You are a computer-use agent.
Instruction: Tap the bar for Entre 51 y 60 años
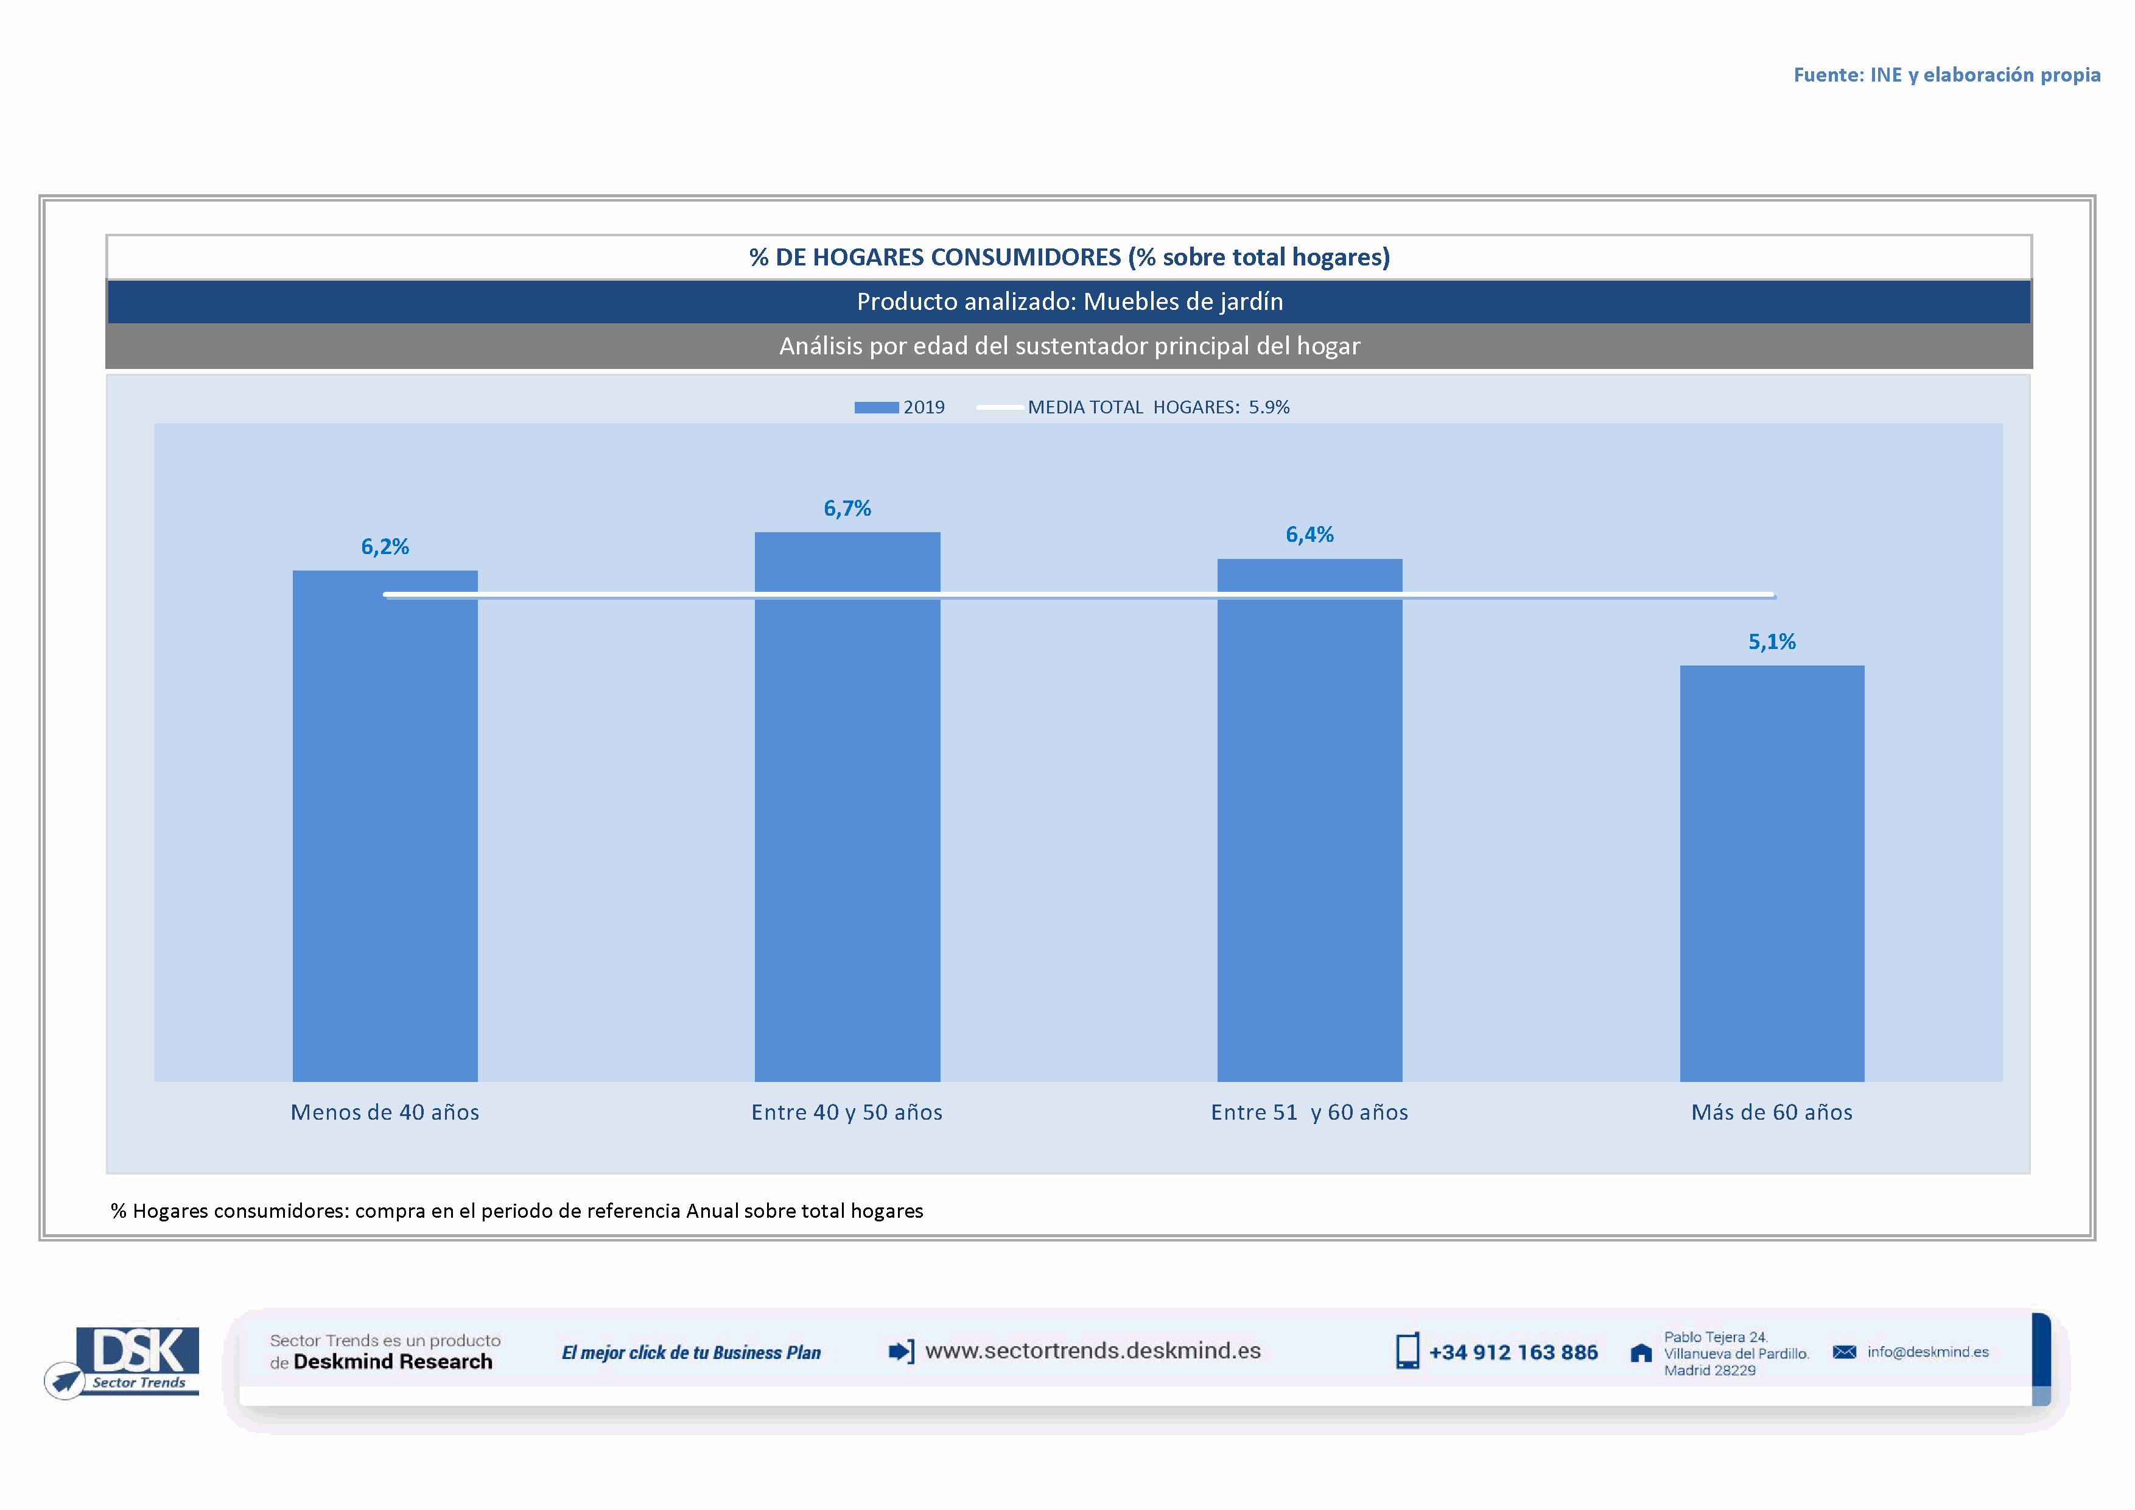point(1309,819)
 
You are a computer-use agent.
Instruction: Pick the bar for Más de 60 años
point(1772,873)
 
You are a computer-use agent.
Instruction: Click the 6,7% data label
point(847,508)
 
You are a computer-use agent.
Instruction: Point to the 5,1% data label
point(1772,642)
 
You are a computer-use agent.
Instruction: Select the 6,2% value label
point(385,547)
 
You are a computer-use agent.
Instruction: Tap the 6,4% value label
point(1309,535)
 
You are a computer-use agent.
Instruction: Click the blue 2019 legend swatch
point(876,407)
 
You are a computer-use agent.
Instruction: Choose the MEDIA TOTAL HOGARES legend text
point(1158,407)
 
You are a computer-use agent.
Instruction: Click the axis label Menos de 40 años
point(385,1112)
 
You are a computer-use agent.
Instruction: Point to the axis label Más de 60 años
point(1772,1112)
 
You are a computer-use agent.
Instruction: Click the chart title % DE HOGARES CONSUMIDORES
point(1070,256)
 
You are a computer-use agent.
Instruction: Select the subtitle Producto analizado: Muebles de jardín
point(1070,301)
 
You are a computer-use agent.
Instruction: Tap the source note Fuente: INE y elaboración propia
point(1946,74)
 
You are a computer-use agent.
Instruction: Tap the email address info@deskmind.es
point(1927,1352)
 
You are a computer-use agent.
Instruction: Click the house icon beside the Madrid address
point(1641,1353)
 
